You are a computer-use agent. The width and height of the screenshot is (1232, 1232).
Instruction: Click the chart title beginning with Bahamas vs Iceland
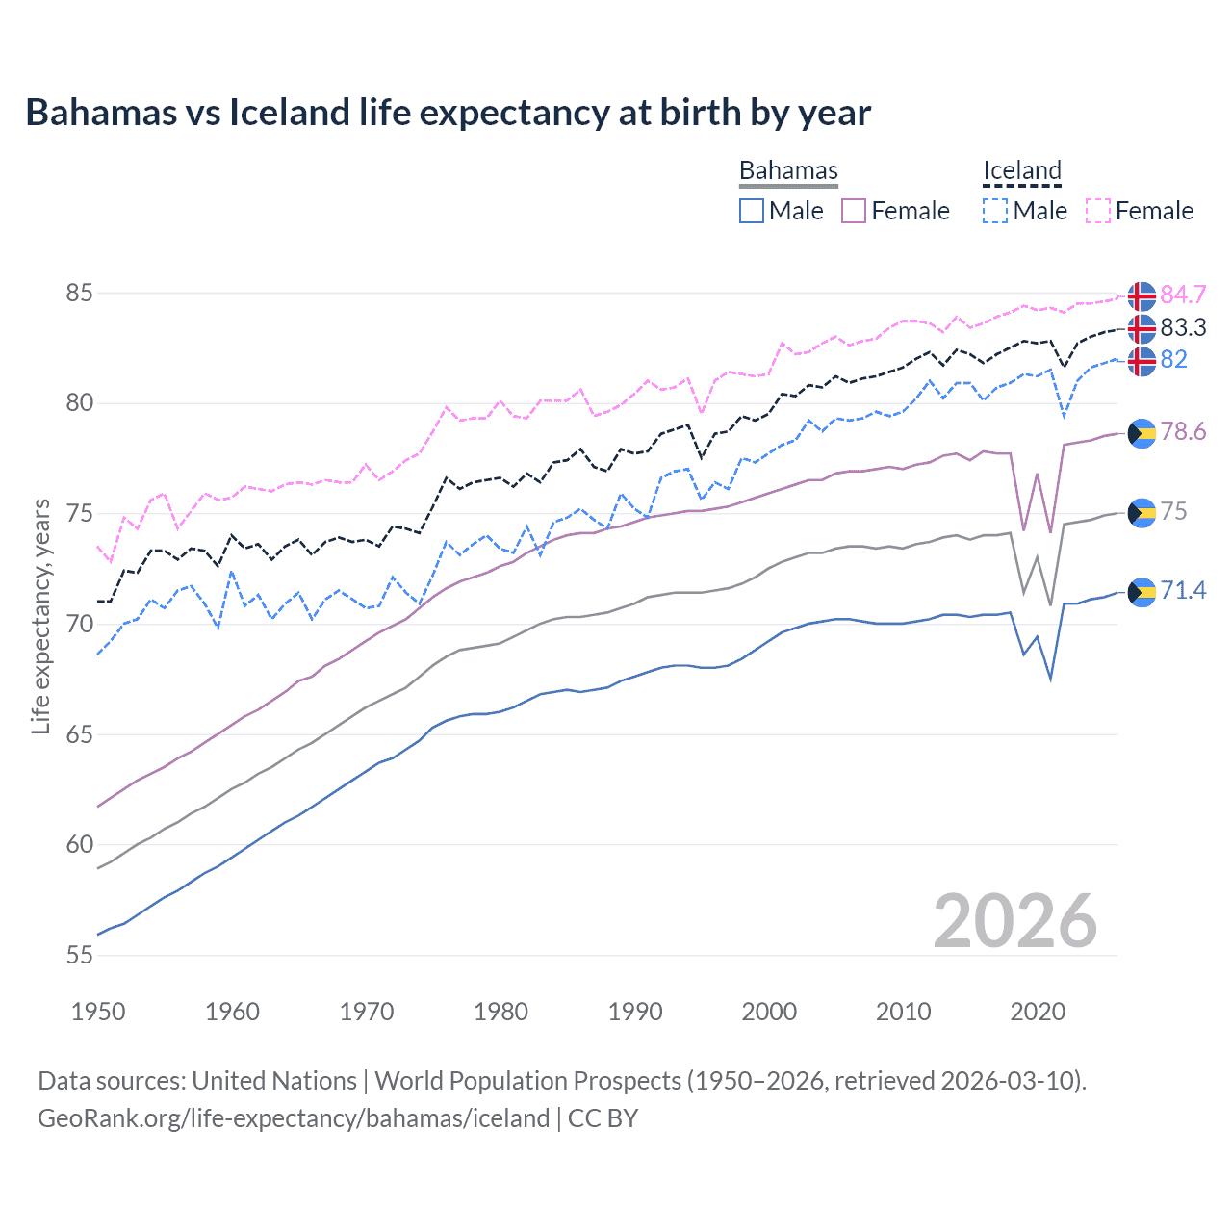tap(448, 113)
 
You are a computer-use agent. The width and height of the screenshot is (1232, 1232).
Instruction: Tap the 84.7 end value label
tap(1183, 295)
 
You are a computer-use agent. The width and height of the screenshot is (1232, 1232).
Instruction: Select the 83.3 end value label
tap(1183, 327)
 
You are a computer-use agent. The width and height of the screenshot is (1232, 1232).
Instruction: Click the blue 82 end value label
tap(1173, 359)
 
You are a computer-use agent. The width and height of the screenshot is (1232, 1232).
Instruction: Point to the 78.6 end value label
tap(1183, 431)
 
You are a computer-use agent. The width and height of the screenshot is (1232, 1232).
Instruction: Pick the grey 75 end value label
tap(1173, 511)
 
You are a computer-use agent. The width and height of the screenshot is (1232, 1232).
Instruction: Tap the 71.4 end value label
tap(1183, 590)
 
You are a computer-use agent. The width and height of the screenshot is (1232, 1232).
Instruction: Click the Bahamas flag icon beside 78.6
tap(1142, 433)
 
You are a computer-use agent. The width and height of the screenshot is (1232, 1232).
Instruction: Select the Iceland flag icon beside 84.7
tap(1142, 296)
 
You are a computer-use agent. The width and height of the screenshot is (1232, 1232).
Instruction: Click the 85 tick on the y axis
tap(79, 293)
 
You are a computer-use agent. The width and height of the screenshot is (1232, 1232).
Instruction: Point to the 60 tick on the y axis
tap(79, 845)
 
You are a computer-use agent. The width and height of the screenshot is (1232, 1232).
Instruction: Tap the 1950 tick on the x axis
tap(98, 1012)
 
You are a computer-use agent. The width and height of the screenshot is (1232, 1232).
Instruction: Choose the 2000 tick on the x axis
tap(769, 1012)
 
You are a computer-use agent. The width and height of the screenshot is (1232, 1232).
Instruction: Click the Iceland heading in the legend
tap(1021, 170)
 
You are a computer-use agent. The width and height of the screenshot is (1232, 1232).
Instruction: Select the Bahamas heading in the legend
tap(788, 170)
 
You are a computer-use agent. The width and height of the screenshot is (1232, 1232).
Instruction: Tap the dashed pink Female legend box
tap(1098, 211)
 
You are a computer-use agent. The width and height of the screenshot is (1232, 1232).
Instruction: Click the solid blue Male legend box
tap(752, 211)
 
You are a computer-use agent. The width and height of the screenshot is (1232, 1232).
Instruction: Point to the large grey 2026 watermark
tap(1014, 921)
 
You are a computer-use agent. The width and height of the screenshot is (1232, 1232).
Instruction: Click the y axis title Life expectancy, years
tap(40, 616)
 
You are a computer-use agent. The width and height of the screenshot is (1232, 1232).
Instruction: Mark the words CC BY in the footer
tap(603, 1118)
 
